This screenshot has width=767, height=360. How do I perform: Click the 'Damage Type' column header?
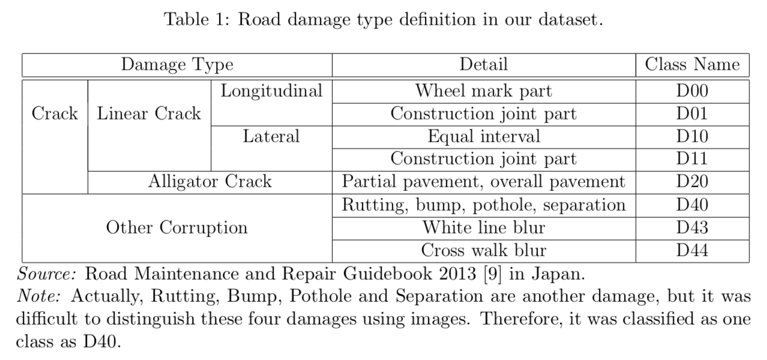[177, 65]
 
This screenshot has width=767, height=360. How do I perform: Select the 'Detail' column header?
[483, 65]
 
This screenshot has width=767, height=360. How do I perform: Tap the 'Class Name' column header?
[692, 65]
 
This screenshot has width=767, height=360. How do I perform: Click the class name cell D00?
[692, 91]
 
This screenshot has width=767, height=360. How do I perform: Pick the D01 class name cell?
[692, 114]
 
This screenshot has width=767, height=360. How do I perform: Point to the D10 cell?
[692, 137]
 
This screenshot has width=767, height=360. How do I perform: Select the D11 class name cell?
[692, 159]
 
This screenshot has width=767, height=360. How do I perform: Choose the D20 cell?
[692, 182]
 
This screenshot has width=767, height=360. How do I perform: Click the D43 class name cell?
[692, 228]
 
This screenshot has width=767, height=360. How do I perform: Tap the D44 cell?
[692, 250]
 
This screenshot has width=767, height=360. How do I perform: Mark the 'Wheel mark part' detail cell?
[483, 91]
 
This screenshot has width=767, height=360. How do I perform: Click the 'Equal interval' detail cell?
[483, 137]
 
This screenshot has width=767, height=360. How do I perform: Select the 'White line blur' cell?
[483, 228]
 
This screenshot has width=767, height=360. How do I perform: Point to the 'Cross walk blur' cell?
[483, 250]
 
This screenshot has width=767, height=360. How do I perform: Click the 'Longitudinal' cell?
[271, 92]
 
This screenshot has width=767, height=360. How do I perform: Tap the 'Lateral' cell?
[271, 137]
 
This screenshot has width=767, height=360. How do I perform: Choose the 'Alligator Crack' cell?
[209, 182]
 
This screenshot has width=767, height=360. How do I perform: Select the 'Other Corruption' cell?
[176, 228]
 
